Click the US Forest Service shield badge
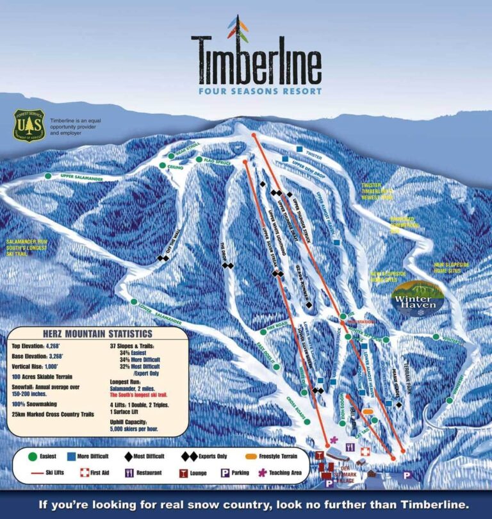click(29, 126)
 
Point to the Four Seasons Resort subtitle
click(260, 91)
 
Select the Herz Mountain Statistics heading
click(97, 334)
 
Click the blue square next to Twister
click(299, 149)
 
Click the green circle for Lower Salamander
click(134, 301)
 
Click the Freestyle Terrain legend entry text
click(278, 456)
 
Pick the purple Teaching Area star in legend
click(261, 473)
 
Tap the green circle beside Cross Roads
click(307, 422)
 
